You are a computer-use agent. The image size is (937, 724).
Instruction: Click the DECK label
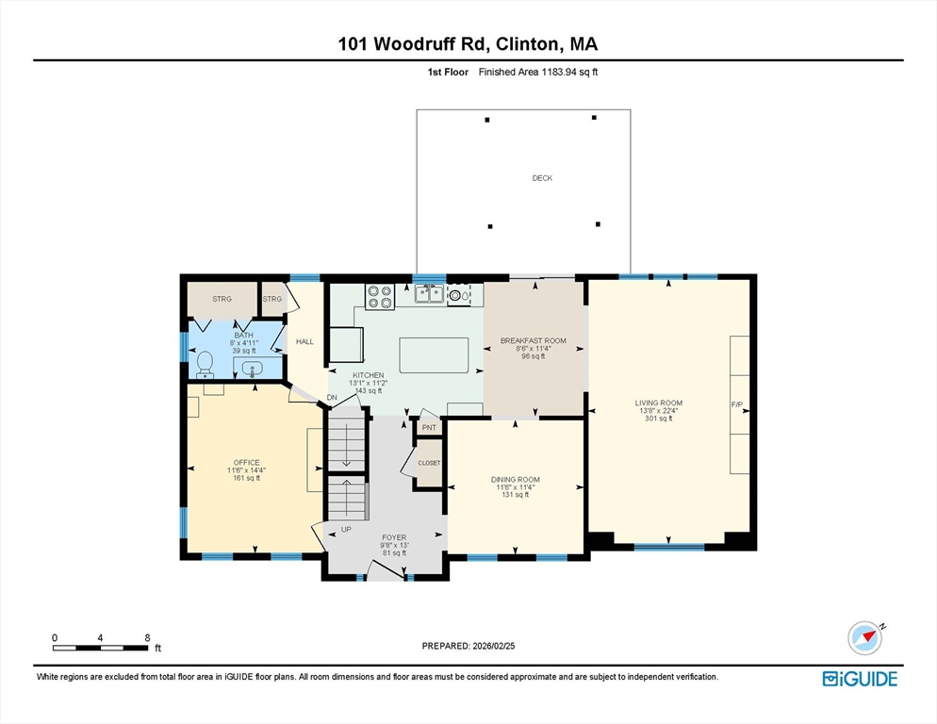click(x=542, y=177)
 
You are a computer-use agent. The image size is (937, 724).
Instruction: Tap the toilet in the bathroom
click(x=205, y=365)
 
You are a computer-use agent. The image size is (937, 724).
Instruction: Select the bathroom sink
click(x=254, y=369)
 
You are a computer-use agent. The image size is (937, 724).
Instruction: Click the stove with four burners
click(x=380, y=297)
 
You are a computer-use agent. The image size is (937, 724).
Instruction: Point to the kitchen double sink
click(x=430, y=293)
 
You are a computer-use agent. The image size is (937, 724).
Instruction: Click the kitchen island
click(x=434, y=355)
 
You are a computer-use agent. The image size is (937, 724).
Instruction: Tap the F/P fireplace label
click(x=737, y=404)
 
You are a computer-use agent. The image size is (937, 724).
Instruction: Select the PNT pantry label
click(x=429, y=427)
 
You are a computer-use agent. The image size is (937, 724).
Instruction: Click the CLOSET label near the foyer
click(x=429, y=463)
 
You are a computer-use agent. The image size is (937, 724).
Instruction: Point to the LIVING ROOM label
click(x=659, y=403)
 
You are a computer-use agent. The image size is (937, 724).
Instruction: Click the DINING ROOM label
click(x=515, y=480)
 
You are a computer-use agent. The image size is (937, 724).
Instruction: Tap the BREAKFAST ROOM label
click(x=533, y=340)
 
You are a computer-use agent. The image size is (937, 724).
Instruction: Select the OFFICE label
click(x=246, y=462)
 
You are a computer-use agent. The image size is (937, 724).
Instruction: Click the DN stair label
click(x=332, y=398)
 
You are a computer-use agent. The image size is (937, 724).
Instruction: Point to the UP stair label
click(x=346, y=529)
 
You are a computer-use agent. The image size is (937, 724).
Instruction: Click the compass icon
click(x=864, y=638)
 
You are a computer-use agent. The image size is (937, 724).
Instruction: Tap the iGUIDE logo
click(x=860, y=679)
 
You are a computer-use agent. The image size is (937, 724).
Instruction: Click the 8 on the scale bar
click(x=148, y=638)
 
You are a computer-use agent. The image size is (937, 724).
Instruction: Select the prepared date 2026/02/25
click(x=494, y=646)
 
